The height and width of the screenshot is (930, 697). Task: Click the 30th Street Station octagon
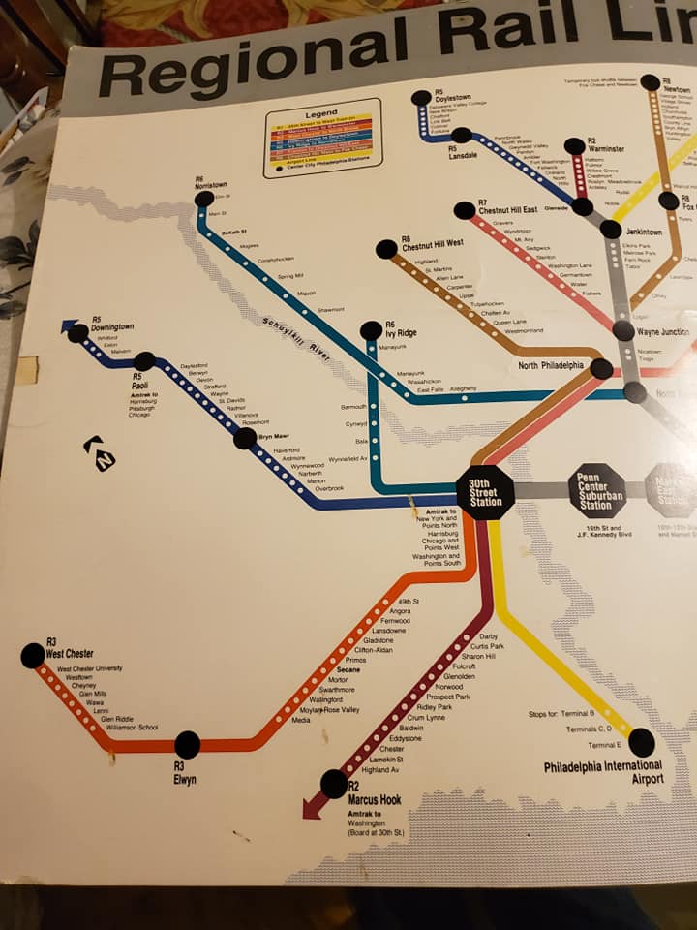[x=485, y=492]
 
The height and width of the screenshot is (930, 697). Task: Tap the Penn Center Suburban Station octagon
[x=596, y=489]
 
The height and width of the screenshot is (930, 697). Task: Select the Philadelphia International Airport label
[x=603, y=772]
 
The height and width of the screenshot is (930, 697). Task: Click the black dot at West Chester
[x=33, y=656]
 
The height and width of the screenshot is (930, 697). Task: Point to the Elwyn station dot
[x=187, y=744]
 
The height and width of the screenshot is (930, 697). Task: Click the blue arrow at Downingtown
[x=69, y=326]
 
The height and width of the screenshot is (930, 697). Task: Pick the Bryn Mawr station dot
[x=245, y=438]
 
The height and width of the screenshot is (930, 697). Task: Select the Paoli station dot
[x=144, y=361]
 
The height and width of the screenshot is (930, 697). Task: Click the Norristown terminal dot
[x=204, y=200]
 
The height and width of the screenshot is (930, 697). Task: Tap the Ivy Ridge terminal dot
[x=371, y=330]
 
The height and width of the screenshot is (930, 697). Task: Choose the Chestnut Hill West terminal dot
[x=386, y=249]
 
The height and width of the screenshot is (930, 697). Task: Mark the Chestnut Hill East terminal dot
[x=465, y=210]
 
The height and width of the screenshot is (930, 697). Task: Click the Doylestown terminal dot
[x=420, y=98]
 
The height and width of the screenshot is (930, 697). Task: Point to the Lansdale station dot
[x=462, y=136]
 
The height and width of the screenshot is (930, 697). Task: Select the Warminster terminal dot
[x=574, y=146]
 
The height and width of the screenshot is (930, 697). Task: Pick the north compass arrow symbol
[x=99, y=453]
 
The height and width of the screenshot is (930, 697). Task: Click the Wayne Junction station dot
[x=623, y=330]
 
